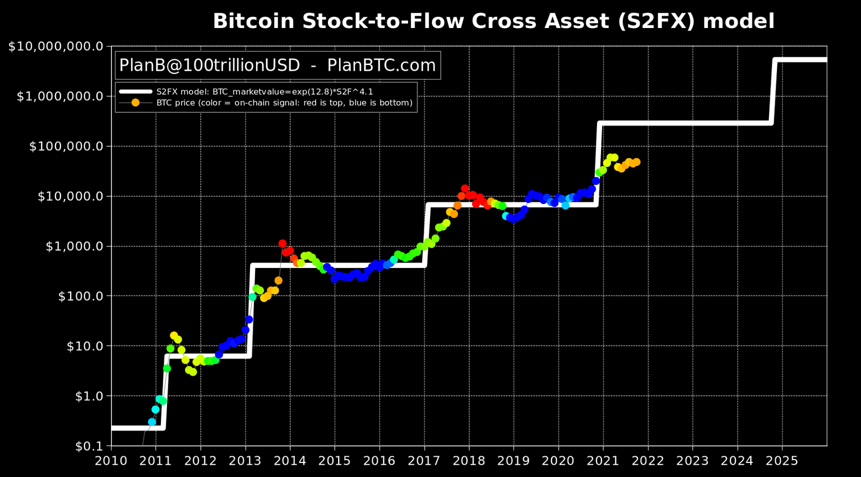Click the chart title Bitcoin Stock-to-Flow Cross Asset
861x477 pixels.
click(x=493, y=21)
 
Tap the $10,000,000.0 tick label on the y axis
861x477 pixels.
click(x=55, y=47)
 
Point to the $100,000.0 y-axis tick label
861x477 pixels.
click(x=66, y=146)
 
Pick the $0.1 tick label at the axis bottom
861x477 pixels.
click(x=90, y=446)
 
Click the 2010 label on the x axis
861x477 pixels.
click(x=111, y=460)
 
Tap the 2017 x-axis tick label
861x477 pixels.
click(x=424, y=460)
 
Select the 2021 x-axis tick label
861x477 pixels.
click(x=603, y=460)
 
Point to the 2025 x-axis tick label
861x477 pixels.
click(x=782, y=460)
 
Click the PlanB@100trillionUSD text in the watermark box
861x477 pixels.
click(x=210, y=66)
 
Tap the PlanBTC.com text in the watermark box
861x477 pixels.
click(x=381, y=66)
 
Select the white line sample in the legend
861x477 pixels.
click(x=135, y=91)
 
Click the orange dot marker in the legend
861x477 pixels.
click(x=135, y=103)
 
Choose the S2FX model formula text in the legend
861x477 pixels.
click(x=265, y=91)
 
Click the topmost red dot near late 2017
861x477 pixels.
click(x=465, y=189)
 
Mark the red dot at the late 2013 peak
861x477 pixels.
click(x=283, y=244)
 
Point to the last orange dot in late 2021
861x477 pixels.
click(x=636, y=162)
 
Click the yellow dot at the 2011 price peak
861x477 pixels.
click(x=174, y=335)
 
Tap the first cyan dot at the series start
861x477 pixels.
click(x=152, y=422)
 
